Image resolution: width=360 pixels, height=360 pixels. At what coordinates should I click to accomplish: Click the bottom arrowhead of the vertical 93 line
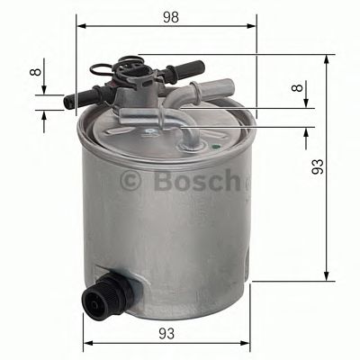325,277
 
